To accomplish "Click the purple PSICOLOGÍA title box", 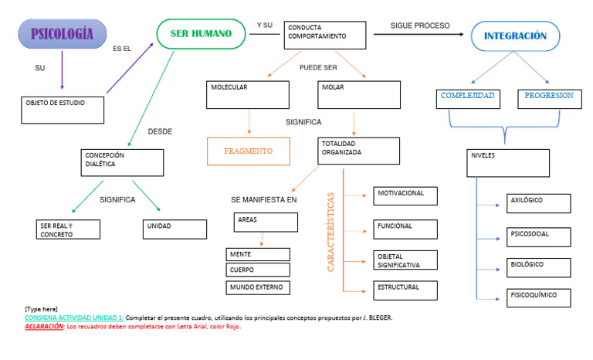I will [62, 34].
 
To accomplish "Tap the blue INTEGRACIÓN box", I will [515, 36].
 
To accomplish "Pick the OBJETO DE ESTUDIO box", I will [63, 109].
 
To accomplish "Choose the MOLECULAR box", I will [247, 94].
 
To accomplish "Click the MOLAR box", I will [359, 94].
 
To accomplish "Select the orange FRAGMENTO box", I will [249, 151].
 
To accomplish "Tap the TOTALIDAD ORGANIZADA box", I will [359, 151].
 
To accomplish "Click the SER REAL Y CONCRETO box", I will [68, 229].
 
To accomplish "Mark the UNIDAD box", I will [175, 229].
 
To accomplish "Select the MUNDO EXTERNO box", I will [258, 287].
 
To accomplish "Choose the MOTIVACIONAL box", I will [405, 195].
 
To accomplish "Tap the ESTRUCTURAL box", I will [405, 290].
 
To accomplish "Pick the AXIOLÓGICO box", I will [538, 203].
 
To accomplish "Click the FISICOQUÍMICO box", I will [538, 297].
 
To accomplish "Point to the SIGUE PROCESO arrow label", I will [420, 25].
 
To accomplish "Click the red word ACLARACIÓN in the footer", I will [44, 327].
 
